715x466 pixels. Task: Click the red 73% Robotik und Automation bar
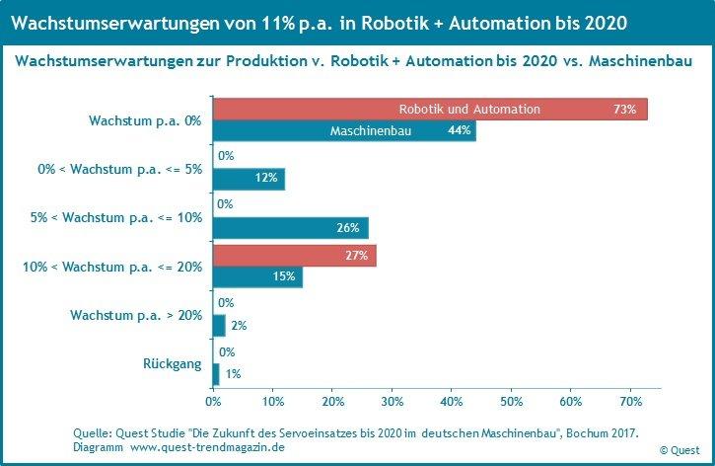(x=430, y=109)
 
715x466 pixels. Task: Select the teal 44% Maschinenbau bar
(x=344, y=130)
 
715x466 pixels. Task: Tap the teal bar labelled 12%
(x=249, y=179)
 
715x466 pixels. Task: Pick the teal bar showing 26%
(x=290, y=228)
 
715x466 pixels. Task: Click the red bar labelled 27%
(x=294, y=256)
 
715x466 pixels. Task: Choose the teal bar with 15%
(x=257, y=277)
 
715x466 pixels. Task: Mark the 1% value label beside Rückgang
(x=233, y=374)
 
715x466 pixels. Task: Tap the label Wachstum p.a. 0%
(x=144, y=119)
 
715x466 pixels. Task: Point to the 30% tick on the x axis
(x=393, y=401)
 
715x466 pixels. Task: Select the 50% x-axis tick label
(x=512, y=401)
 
